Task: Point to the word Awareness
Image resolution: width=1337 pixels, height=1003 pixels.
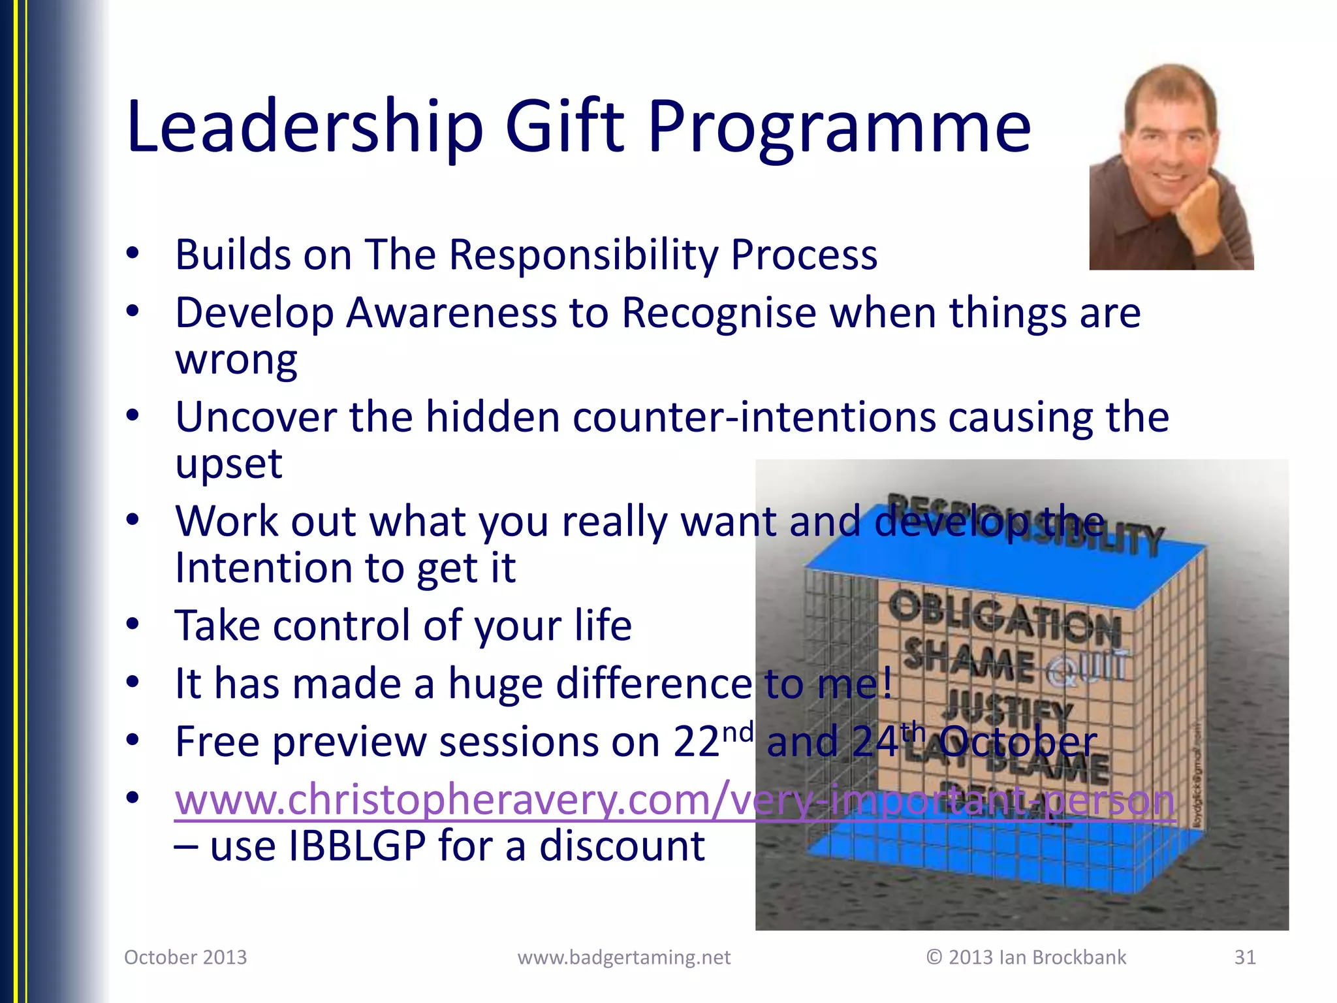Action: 450,313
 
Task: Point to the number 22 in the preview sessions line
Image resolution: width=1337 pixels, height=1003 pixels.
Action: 696,742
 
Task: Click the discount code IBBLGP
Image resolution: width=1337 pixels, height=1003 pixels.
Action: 356,846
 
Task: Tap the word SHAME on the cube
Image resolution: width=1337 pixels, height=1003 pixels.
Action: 969,661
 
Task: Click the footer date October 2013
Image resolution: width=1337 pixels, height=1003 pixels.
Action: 185,957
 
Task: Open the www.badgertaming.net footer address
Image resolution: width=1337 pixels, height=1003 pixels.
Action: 623,957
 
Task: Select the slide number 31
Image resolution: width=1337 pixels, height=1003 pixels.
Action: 1244,957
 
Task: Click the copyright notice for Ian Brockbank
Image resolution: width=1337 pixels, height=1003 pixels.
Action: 1026,957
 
